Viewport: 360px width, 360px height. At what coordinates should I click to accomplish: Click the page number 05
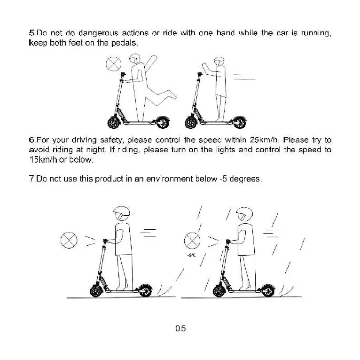click(180, 328)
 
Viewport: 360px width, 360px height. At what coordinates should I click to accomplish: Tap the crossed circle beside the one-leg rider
click(113, 64)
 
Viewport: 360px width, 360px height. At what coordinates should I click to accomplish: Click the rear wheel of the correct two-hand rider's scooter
click(240, 124)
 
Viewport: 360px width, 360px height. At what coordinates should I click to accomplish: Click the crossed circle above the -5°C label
click(192, 241)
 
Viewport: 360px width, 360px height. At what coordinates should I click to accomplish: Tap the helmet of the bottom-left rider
click(121, 214)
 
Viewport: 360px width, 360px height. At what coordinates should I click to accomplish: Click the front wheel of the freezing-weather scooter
click(219, 290)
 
